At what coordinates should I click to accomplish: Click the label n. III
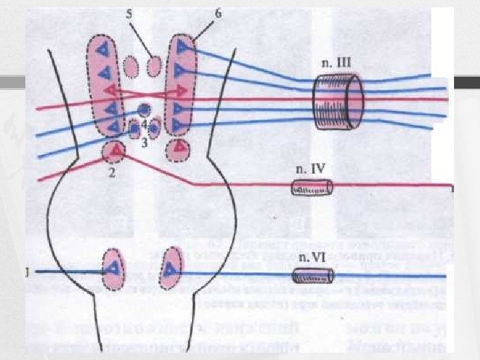[337, 63]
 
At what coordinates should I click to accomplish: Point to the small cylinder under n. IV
[311, 189]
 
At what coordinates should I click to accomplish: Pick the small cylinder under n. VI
[313, 275]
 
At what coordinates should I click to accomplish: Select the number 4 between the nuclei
[143, 123]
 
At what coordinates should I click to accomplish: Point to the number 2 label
[112, 171]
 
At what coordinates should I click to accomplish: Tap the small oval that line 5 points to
[154, 66]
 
